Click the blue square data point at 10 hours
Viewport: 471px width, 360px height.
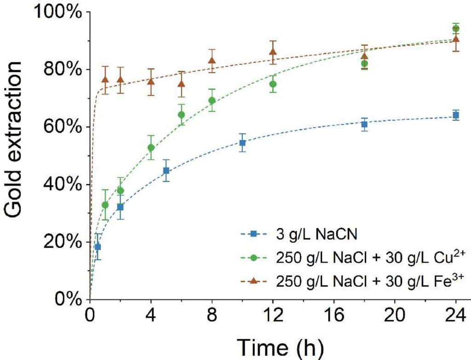pyautogui.click(x=242, y=143)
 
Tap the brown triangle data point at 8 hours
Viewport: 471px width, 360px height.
pyautogui.click(x=212, y=61)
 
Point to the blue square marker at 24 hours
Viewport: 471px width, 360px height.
pyautogui.click(x=456, y=115)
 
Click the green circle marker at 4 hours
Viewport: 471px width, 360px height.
pyautogui.click(x=151, y=148)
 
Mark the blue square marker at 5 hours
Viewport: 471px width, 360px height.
pyautogui.click(x=166, y=171)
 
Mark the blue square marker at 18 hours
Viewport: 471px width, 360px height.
pyautogui.click(x=364, y=124)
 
